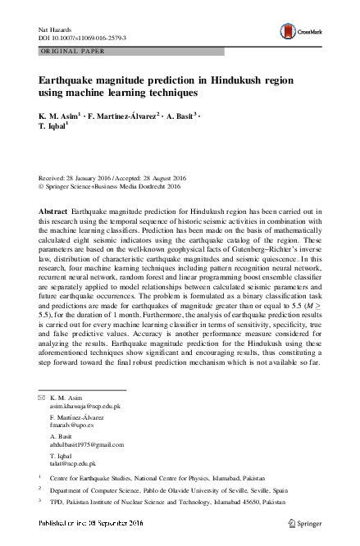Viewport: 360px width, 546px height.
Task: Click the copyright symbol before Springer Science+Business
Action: (41, 185)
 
